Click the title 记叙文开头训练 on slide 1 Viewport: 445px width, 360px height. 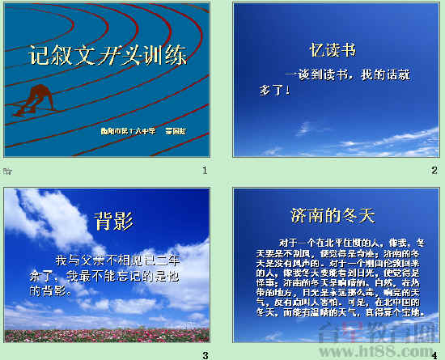108,56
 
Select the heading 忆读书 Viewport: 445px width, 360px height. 333,50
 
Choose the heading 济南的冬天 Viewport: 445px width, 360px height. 333,215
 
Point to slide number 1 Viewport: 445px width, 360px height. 205,170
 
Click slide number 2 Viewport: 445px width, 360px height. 434,170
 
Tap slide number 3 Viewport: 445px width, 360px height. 205,354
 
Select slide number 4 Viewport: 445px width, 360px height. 434,354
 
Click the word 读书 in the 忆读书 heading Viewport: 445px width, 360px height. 340,50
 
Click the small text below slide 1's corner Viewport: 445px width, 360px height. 7,171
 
